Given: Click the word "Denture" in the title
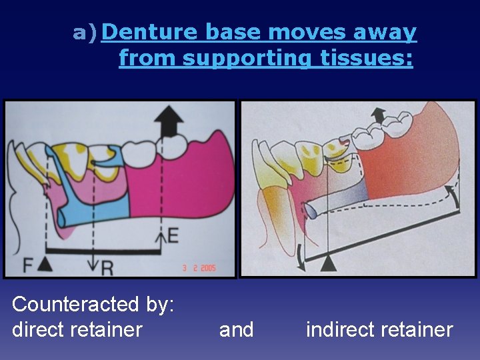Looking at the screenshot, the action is coord(151,32).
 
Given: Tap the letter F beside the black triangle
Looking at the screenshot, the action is coord(27,265).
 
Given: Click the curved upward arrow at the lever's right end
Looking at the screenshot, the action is coord(454,195).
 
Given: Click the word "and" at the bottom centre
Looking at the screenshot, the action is coord(236,329).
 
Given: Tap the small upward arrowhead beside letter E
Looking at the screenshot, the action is coord(161,235).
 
